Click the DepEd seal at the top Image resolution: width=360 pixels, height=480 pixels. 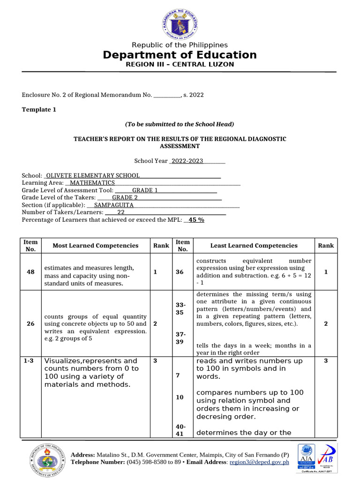(x=180, y=22)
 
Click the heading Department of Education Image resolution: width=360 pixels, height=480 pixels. (x=180, y=55)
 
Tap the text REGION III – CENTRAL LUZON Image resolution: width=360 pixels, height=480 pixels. (x=180, y=64)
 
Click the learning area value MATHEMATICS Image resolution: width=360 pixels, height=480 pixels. (x=92, y=183)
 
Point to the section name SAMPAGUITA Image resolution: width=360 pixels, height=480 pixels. (x=114, y=205)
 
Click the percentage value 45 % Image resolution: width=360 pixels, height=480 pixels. (x=196, y=220)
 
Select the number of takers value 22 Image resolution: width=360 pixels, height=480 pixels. (x=121, y=212)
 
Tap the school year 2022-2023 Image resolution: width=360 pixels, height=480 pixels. (x=187, y=161)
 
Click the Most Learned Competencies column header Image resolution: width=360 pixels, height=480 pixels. (x=96, y=246)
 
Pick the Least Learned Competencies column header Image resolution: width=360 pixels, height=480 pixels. (x=254, y=246)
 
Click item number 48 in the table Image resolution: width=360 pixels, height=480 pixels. (x=30, y=272)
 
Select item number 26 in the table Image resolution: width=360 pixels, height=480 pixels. (x=30, y=323)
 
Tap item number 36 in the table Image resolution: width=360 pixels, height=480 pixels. (x=180, y=272)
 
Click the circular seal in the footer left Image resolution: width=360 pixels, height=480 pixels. (x=45, y=458)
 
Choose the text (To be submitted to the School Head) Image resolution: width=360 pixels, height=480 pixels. (x=180, y=124)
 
